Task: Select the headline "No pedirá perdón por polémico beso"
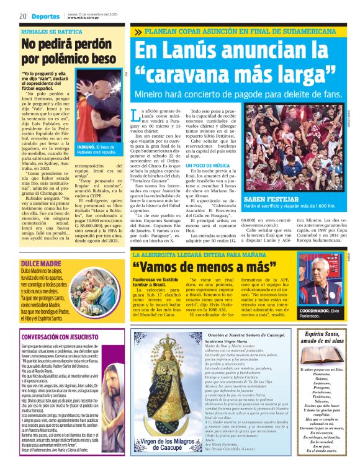point(68,51)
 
